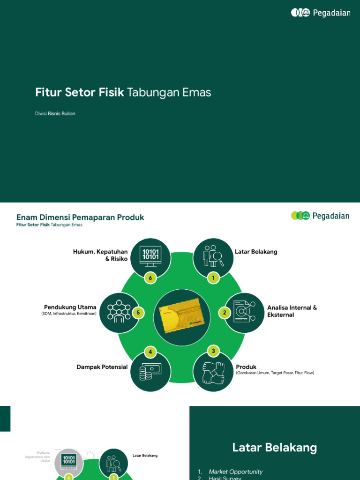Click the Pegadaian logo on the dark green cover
pyautogui.click(x=320, y=13)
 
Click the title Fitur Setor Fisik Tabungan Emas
pyautogui.click(x=123, y=92)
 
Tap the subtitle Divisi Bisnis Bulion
pyautogui.click(x=55, y=113)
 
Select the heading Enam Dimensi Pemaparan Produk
pyautogui.click(x=80, y=217)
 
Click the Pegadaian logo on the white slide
pyautogui.click(x=320, y=216)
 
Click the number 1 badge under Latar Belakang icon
pyautogui.click(x=213, y=278)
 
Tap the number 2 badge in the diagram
pyautogui.click(x=225, y=313)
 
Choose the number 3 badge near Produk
pyautogui.click(x=213, y=351)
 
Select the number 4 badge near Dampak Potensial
pyautogui.click(x=150, y=352)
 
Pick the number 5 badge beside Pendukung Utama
pyautogui.click(x=138, y=313)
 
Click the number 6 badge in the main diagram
pyautogui.click(x=150, y=278)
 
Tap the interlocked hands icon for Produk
pyautogui.click(x=213, y=373)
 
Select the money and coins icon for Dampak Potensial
pyautogui.click(x=150, y=372)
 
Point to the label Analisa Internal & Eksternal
pyautogui.click(x=292, y=311)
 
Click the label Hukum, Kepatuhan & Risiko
pyautogui.click(x=100, y=255)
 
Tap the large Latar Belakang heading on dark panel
pyautogui.click(x=274, y=448)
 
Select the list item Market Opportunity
pyautogui.click(x=235, y=472)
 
